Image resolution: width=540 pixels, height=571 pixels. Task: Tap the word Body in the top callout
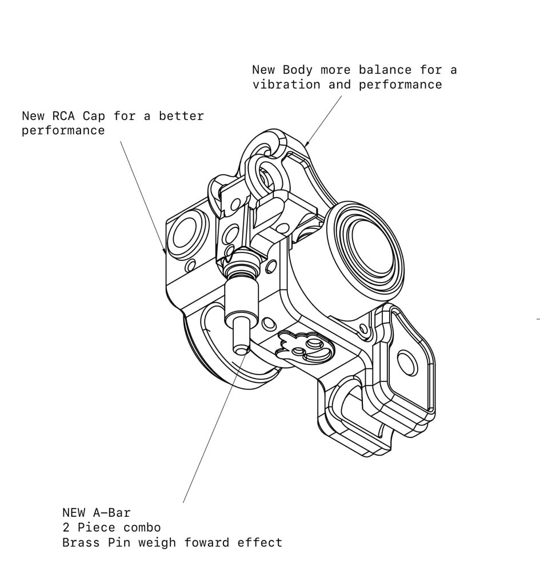[x=298, y=70]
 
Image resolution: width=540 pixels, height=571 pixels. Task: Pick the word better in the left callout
[x=181, y=116]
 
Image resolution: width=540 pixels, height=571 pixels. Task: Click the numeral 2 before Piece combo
[x=66, y=527]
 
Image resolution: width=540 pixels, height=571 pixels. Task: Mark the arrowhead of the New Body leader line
[x=307, y=144]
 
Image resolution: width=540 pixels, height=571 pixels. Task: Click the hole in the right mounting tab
[x=407, y=363]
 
